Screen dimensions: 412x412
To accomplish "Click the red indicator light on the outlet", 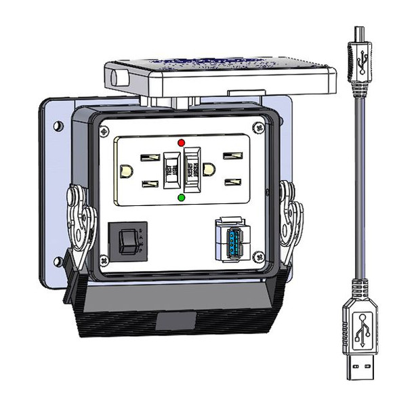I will click(x=180, y=143).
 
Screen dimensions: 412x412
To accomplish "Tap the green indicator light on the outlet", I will click(x=180, y=198).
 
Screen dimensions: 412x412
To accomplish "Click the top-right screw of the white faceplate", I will click(x=256, y=127).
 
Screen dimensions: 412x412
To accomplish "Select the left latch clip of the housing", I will click(x=80, y=217).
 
